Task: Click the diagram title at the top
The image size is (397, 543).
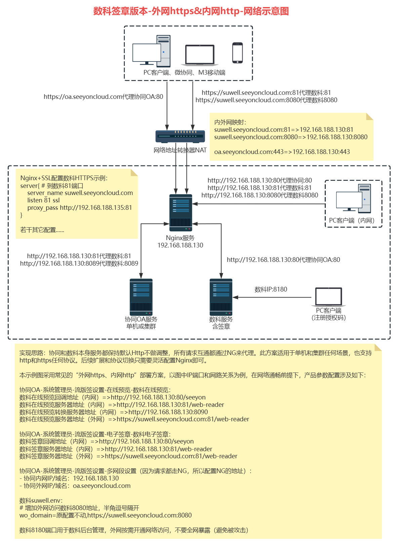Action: [x=191, y=11]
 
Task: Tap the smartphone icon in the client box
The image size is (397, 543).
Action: [x=237, y=53]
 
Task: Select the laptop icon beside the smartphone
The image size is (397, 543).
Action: [x=200, y=55]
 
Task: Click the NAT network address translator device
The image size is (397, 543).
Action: [x=180, y=136]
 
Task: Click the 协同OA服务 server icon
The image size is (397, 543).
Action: [x=141, y=297]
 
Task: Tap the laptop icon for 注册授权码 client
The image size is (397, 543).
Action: [x=328, y=297]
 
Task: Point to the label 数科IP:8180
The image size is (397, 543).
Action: [x=271, y=289]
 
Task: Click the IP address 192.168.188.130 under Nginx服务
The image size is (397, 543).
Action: [x=180, y=245]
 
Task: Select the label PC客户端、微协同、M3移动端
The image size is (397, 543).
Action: [x=184, y=73]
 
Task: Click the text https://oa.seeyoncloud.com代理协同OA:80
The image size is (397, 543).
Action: [x=103, y=97]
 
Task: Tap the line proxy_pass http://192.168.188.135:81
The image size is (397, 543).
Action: [x=80, y=208]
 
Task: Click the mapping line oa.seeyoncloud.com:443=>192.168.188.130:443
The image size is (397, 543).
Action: [x=282, y=152]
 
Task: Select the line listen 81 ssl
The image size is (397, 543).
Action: [x=43, y=200]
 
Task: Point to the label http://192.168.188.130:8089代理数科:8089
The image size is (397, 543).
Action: [x=79, y=264]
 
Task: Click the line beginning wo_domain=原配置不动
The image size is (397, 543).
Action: [x=106, y=515]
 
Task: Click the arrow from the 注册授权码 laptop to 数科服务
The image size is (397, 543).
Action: [x=272, y=298]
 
